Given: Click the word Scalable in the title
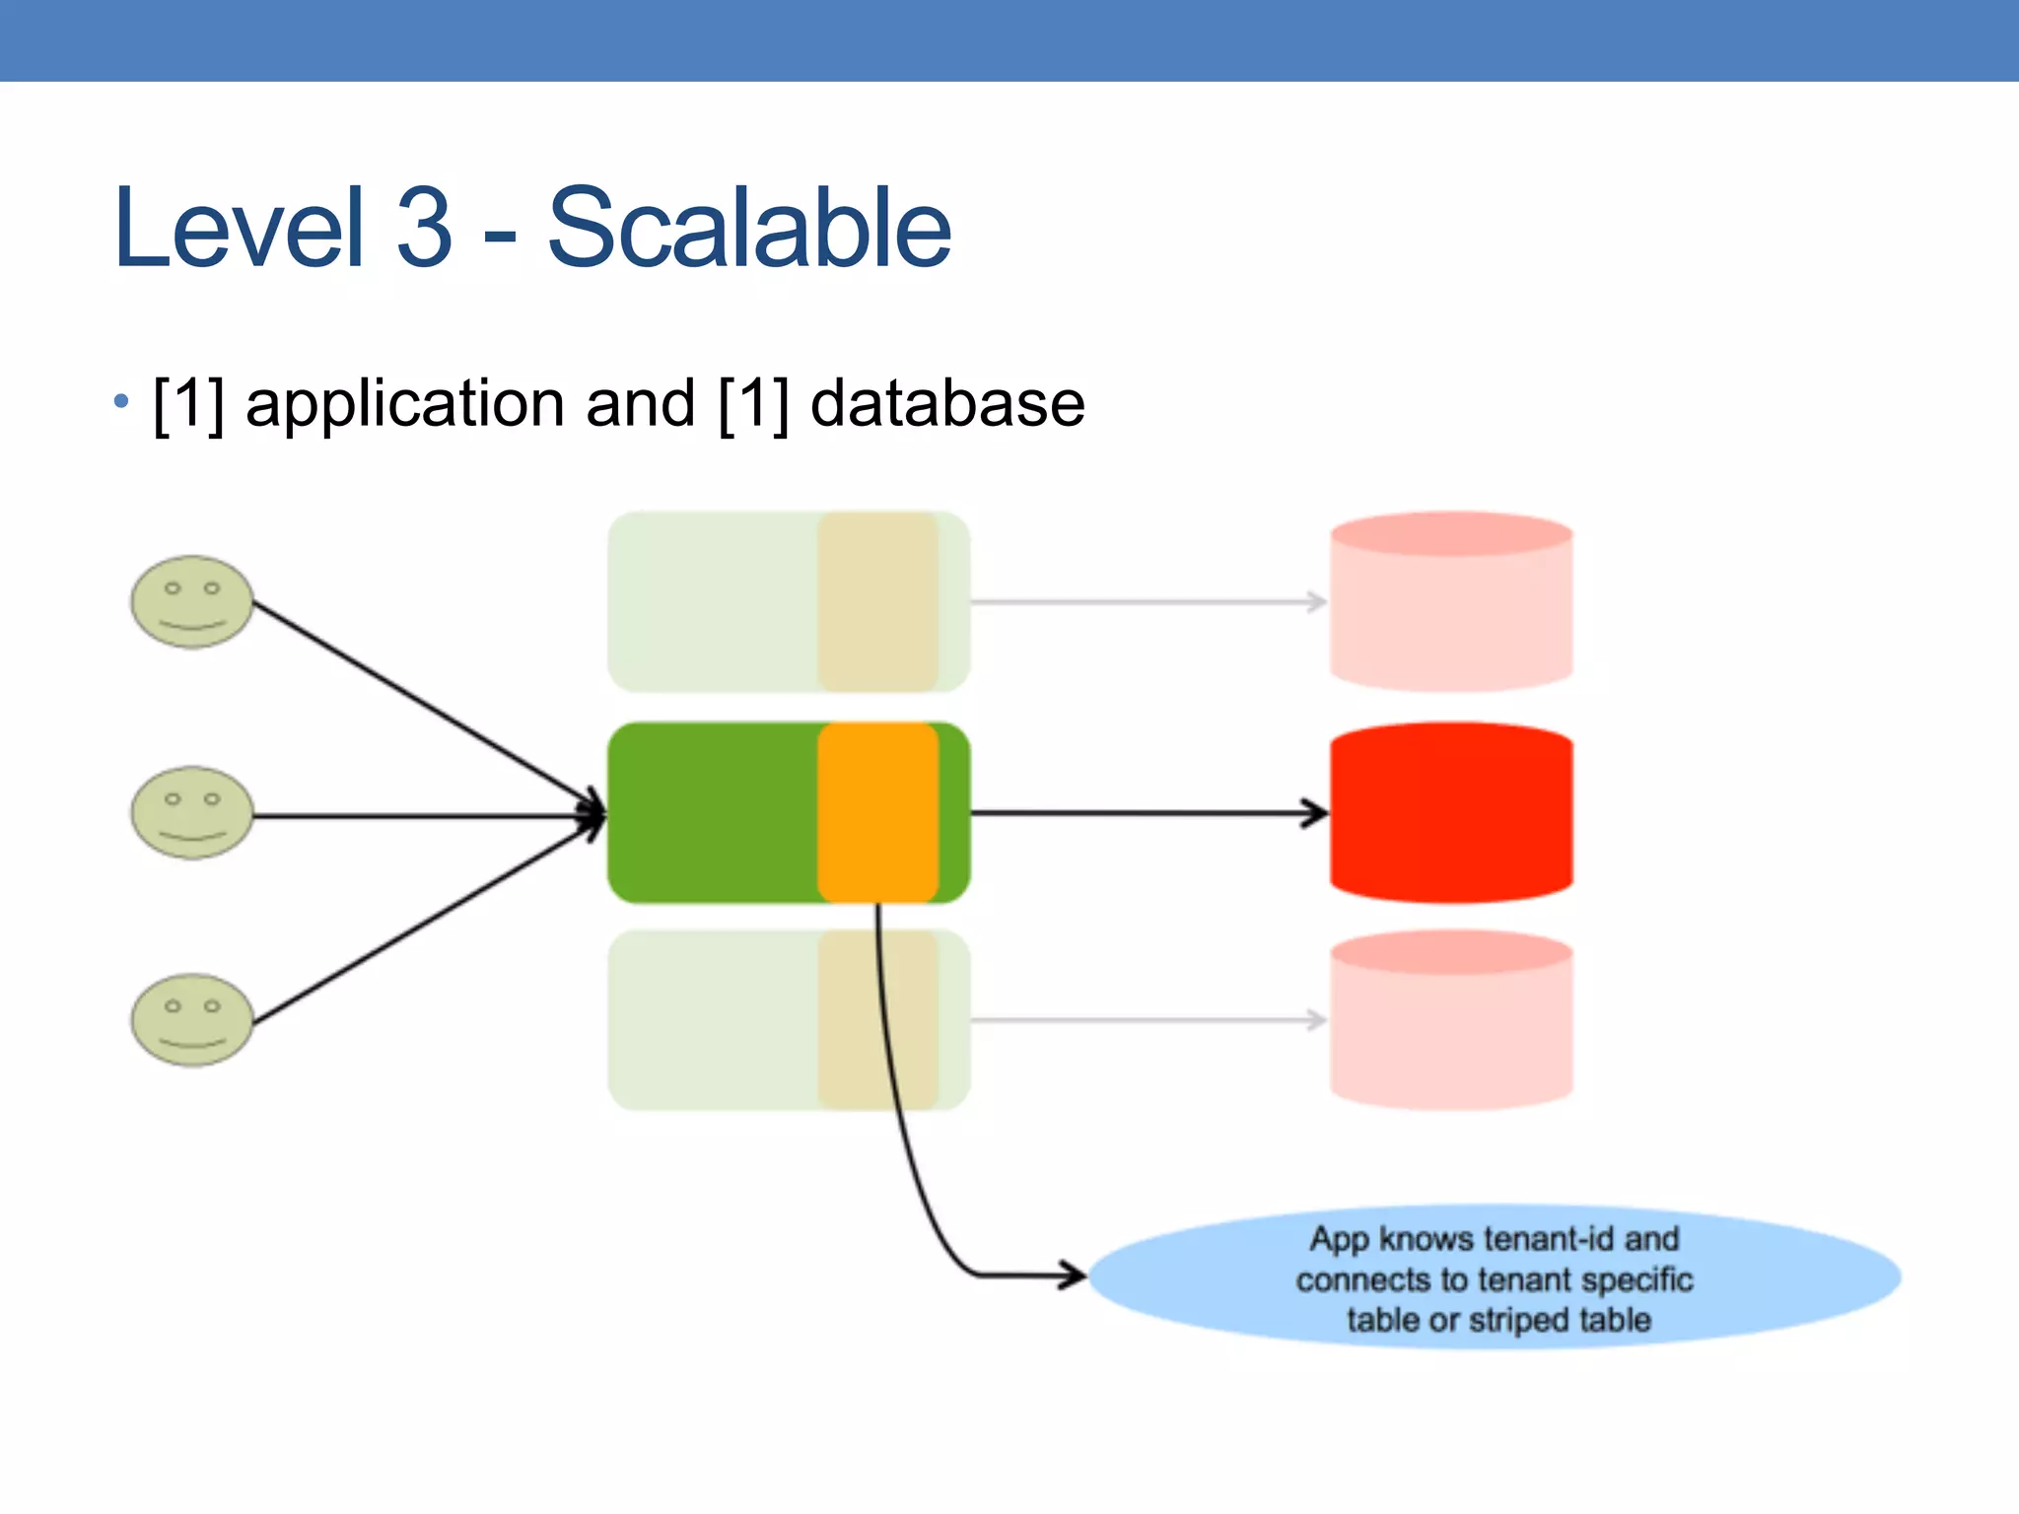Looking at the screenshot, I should [x=749, y=229].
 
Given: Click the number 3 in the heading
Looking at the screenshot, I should [x=424, y=229].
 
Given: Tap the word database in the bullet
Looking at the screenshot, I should [x=946, y=404].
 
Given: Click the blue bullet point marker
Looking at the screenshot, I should [x=121, y=401].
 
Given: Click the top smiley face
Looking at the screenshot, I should [x=192, y=601].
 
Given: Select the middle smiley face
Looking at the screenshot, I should [x=192, y=813].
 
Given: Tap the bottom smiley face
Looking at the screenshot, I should [x=192, y=1020].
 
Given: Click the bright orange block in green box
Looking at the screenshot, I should [x=877, y=812].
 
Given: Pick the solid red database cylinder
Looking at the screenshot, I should [x=1451, y=813].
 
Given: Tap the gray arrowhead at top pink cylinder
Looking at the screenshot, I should [x=1317, y=601].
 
